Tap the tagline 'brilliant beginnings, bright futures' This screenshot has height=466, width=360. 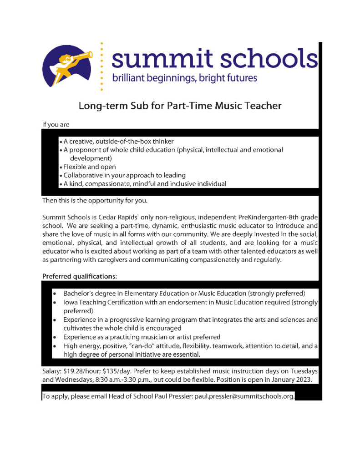tap(185, 78)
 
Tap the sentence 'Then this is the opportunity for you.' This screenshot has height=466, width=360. tap(100, 200)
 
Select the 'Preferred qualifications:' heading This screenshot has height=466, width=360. tap(80, 276)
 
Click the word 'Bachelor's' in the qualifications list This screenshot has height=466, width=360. tap(80, 294)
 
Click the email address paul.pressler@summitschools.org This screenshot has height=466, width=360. tap(244, 397)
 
